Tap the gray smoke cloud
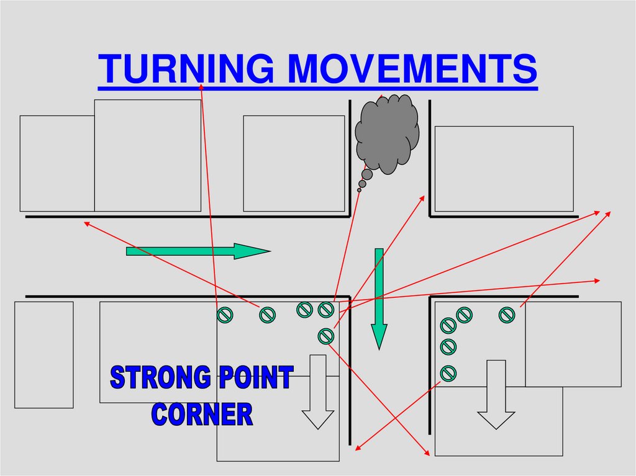click(386, 133)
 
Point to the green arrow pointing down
click(379, 298)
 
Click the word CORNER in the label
click(202, 414)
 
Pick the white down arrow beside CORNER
click(318, 392)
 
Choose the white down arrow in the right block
click(496, 395)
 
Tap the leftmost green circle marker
click(224, 315)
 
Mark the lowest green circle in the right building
click(448, 373)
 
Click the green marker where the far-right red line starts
click(507, 315)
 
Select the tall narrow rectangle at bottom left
click(43, 354)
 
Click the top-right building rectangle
click(504, 169)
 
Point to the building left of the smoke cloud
click(293, 163)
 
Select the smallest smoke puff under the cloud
click(359, 190)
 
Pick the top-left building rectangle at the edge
click(57, 163)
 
